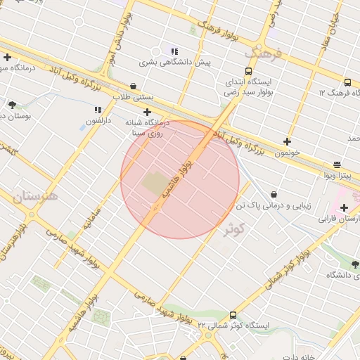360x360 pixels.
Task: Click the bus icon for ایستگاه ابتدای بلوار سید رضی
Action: tap(248, 71)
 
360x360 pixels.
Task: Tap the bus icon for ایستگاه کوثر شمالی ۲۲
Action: tap(233, 315)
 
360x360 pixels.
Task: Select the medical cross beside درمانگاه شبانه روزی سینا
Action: tap(147, 112)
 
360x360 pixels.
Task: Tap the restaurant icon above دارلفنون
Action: tap(98, 110)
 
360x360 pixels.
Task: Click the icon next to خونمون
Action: tap(287, 141)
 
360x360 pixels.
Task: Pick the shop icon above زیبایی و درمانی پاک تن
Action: tap(273, 194)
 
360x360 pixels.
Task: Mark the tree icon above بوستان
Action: tap(12, 105)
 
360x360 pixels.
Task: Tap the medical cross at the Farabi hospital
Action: tap(344, 207)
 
